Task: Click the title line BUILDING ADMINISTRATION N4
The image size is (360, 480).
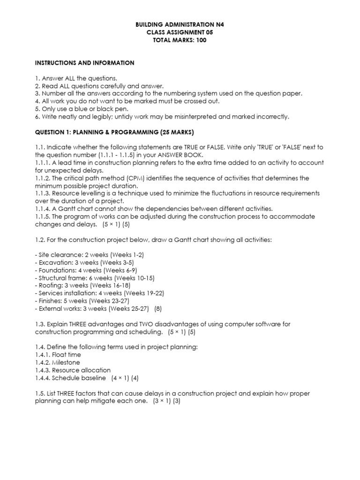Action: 180,23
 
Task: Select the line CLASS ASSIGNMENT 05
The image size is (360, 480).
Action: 180,32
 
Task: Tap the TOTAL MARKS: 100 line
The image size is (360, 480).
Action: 180,40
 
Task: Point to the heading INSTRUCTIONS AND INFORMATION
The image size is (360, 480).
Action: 85,63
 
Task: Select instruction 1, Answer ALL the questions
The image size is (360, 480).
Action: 76,78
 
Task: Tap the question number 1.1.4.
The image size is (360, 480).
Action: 44,208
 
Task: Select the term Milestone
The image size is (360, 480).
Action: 66,362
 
